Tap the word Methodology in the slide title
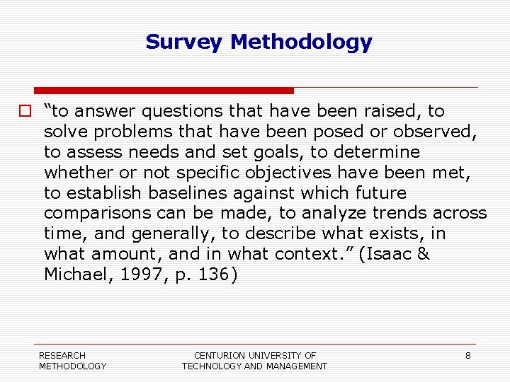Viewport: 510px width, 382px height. pos(301,42)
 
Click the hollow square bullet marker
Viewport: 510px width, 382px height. pos(25,111)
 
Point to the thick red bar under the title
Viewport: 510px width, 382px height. pos(164,91)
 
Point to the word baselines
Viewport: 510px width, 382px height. pos(167,193)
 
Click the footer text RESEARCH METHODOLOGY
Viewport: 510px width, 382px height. pos(72,361)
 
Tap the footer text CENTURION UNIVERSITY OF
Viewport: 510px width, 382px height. pos(255,355)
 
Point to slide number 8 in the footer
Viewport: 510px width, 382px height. pos(467,355)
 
